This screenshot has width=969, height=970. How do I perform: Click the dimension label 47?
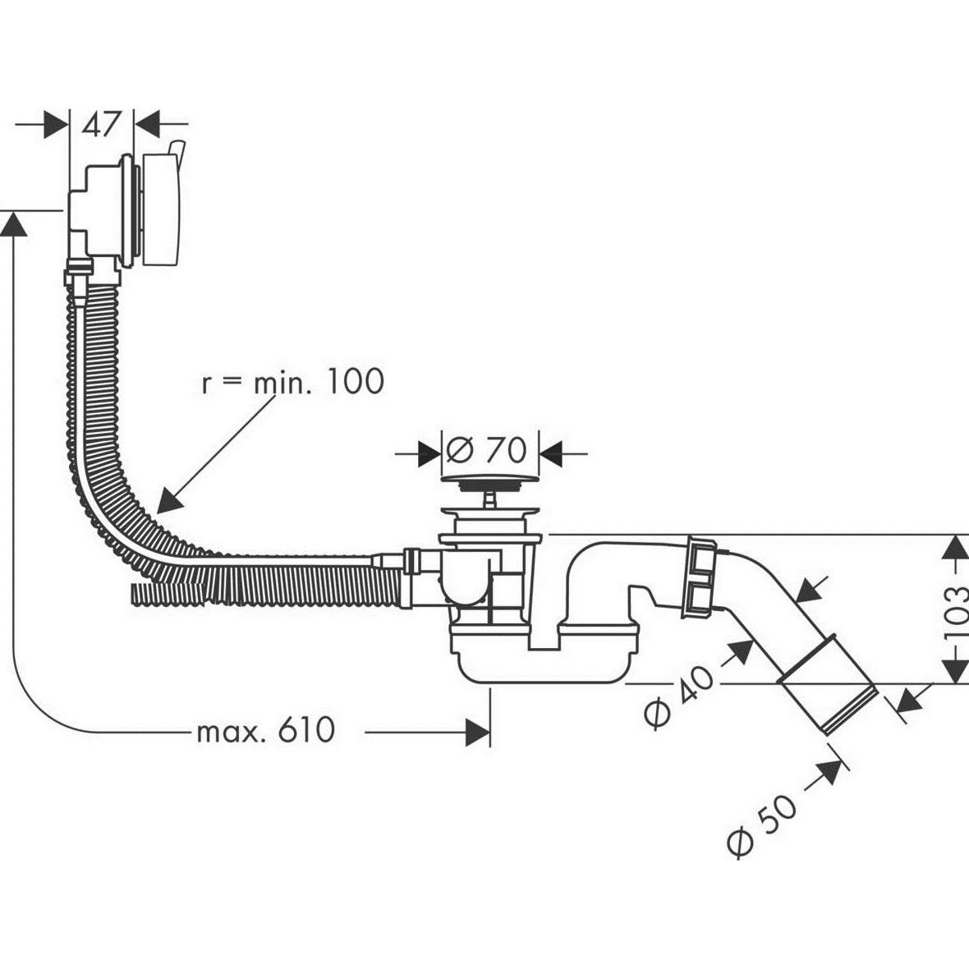(x=101, y=125)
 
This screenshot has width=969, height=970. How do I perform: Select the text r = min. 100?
(x=292, y=382)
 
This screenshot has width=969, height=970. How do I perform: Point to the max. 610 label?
(x=266, y=729)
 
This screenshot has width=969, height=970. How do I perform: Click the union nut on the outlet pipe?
(x=700, y=575)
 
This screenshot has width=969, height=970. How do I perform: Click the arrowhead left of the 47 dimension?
(x=57, y=125)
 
